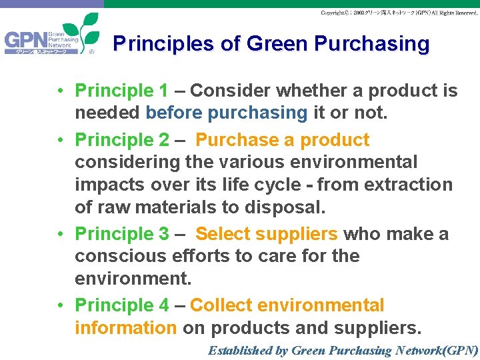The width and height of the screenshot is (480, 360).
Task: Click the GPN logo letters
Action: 25,42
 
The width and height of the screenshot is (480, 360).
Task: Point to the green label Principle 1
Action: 122,91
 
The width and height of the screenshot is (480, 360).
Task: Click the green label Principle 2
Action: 122,140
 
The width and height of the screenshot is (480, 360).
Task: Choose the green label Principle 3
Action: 122,234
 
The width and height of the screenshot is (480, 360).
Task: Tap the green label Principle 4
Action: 122,305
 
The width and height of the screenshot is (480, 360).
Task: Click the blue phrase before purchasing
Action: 226,113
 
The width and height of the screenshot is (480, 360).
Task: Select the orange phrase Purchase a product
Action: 282,140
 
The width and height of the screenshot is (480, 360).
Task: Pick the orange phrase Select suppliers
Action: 267,234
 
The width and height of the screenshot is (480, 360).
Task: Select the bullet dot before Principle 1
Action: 60,91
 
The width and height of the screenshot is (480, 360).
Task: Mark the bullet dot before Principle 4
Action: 60,306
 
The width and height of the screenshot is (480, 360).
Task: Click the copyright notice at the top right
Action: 399,13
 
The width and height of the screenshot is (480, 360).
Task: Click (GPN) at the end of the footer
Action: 459,350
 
